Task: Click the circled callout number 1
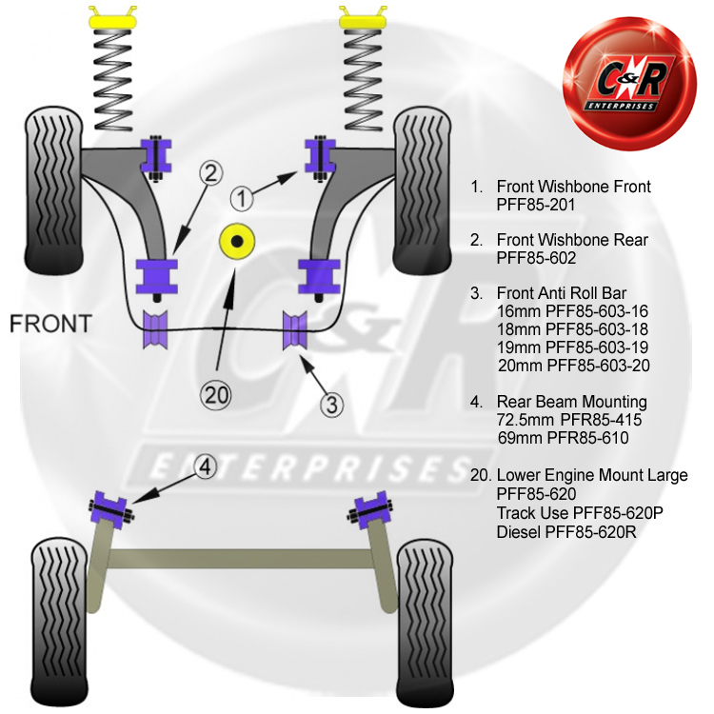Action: [242, 198]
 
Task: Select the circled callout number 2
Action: [210, 173]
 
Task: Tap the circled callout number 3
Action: [330, 404]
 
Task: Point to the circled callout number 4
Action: [207, 466]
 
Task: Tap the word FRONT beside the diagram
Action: [51, 323]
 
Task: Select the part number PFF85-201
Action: [537, 204]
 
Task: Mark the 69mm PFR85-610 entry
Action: [563, 437]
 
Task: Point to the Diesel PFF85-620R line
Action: [565, 530]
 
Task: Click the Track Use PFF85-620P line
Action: [579, 512]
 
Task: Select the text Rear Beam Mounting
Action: [571, 402]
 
